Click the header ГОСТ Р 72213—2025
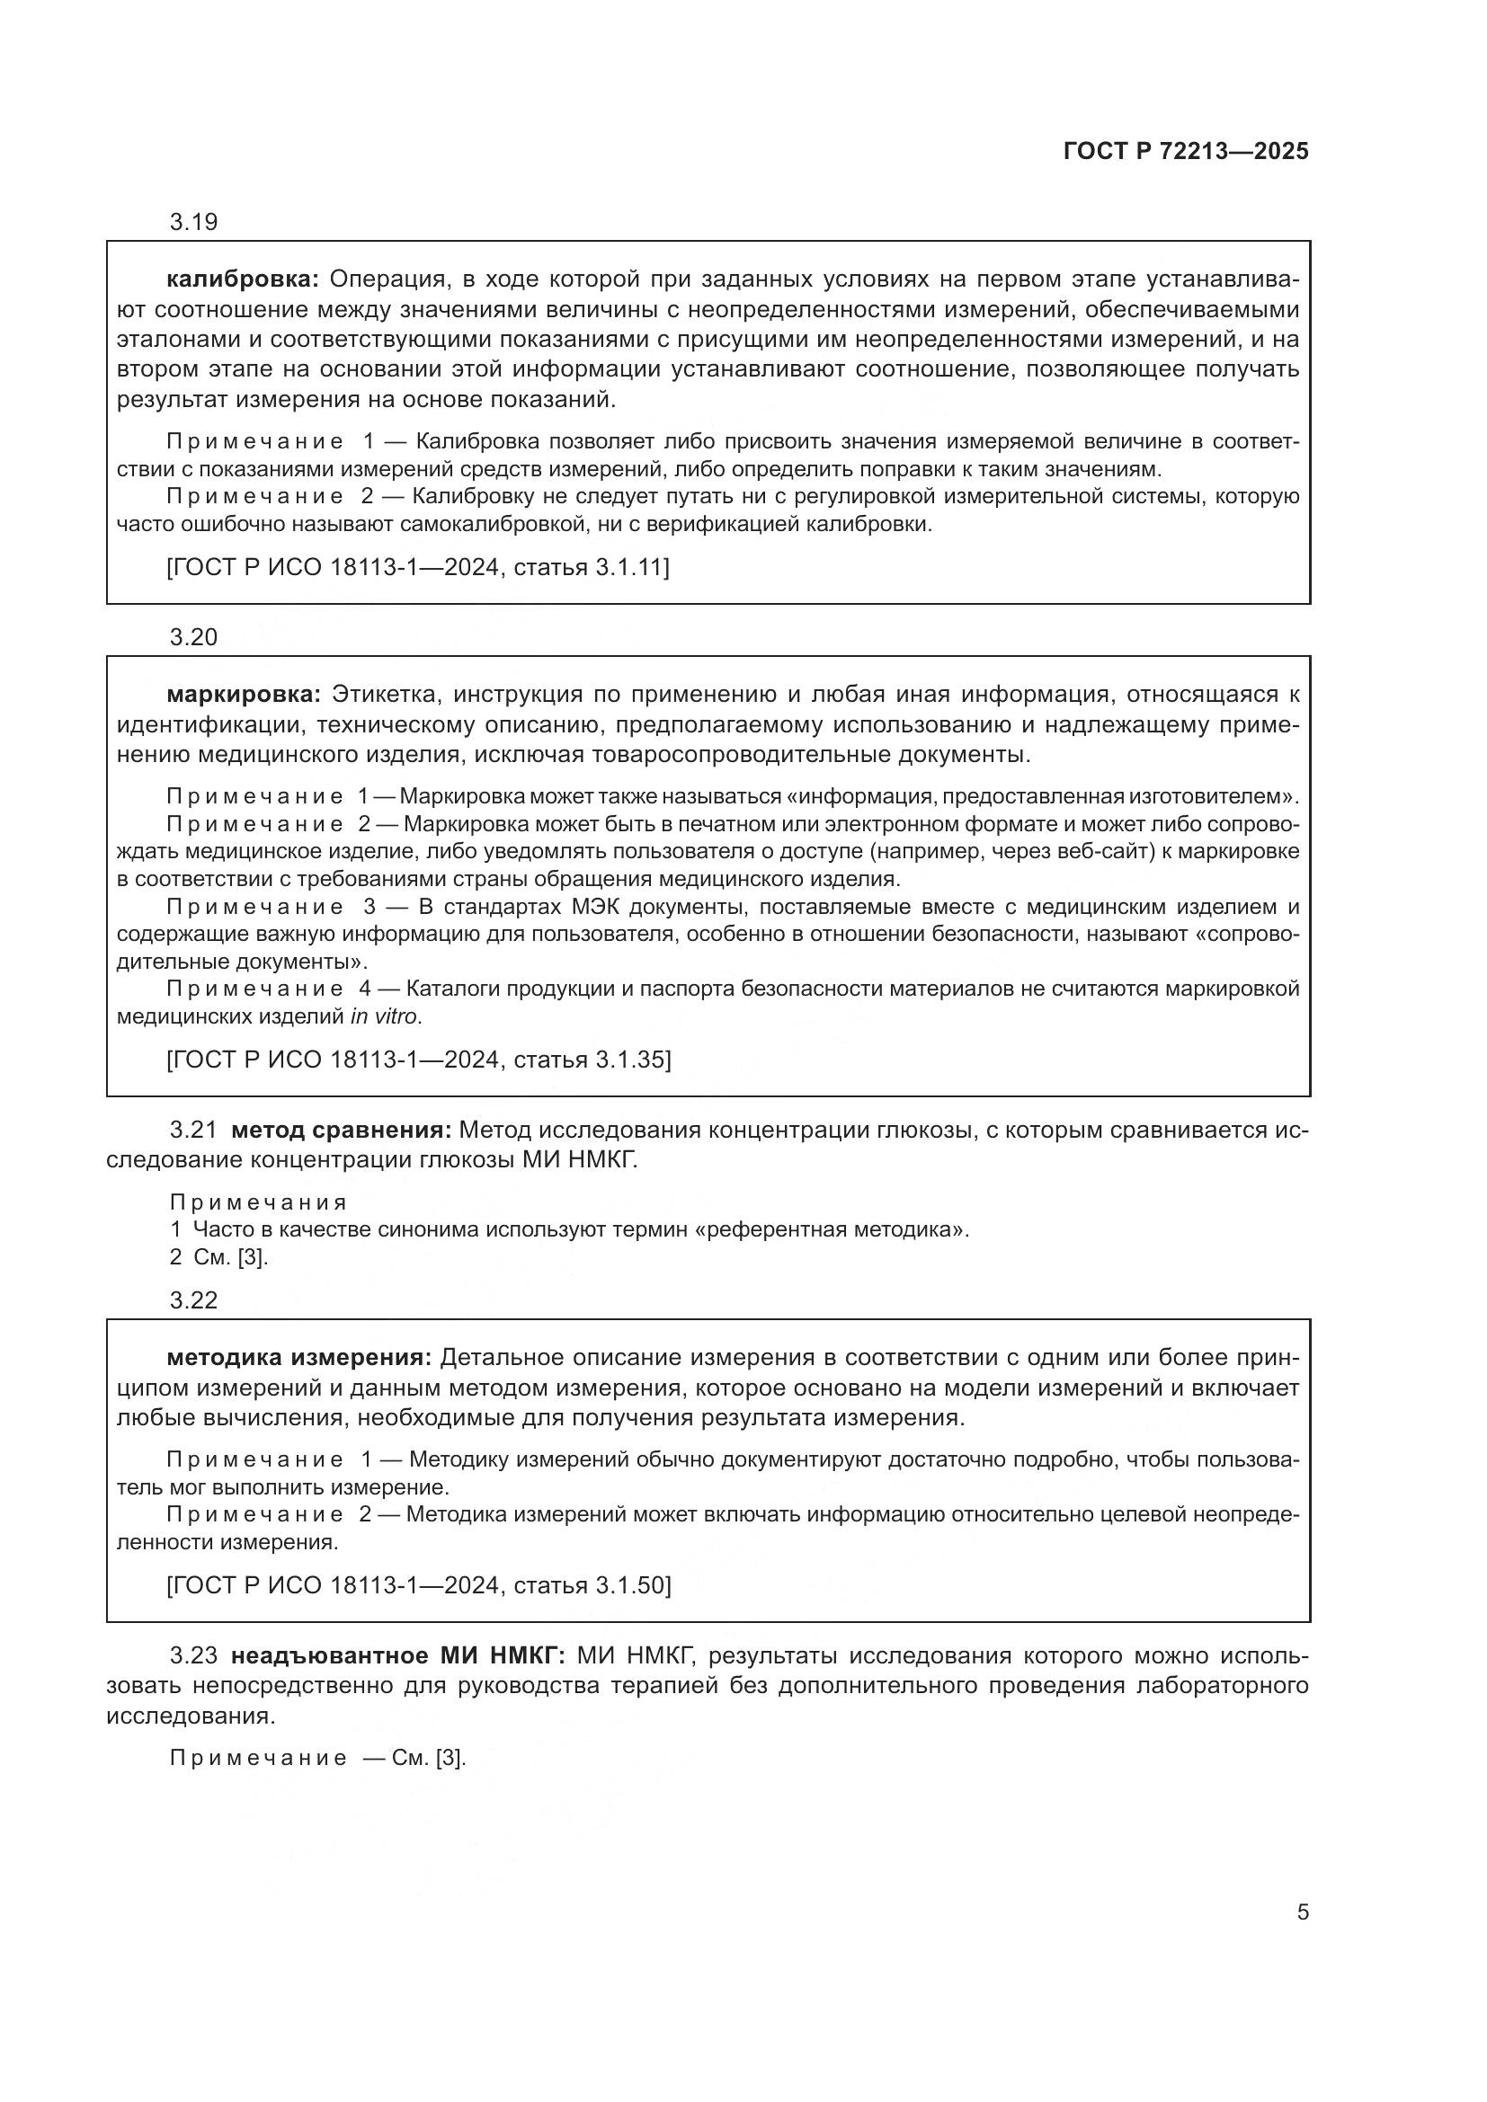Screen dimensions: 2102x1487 point(1186,151)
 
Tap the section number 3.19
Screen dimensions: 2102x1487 point(193,222)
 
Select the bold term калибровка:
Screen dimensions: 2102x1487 point(243,279)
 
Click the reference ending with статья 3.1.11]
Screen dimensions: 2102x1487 point(417,568)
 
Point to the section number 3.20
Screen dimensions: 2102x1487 point(193,637)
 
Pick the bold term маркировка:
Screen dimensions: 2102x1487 point(244,694)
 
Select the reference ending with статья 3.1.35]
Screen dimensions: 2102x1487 point(418,1060)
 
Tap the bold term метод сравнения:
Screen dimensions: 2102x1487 point(342,1130)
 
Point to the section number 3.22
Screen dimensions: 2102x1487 point(193,1300)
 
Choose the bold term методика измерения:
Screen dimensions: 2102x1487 point(298,1357)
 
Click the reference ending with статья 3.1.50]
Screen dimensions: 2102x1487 point(418,1584)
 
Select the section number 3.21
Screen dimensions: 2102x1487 point(193,1130)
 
